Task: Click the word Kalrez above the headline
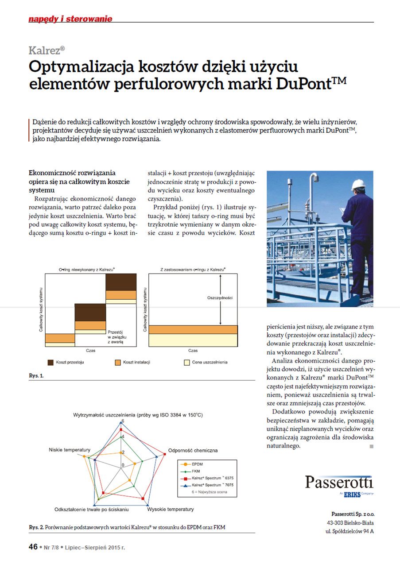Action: pos(46,50)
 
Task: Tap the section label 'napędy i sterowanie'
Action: pos(70,19)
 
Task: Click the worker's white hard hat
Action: pos(358,184)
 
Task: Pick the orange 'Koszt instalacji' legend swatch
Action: pos(117,362)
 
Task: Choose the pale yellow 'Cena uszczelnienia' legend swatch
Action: pos(187,362)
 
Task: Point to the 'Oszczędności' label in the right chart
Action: pos(220,298)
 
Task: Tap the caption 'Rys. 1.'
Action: pos(36,375)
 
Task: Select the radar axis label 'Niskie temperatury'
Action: pos(70,449)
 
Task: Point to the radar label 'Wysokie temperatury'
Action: pos(170,509)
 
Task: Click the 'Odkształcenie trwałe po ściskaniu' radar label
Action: pos(91,509)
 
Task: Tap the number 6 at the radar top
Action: pos(123,421)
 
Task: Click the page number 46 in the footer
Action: pos(33,547)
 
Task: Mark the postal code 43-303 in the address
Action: pos(337,522)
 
